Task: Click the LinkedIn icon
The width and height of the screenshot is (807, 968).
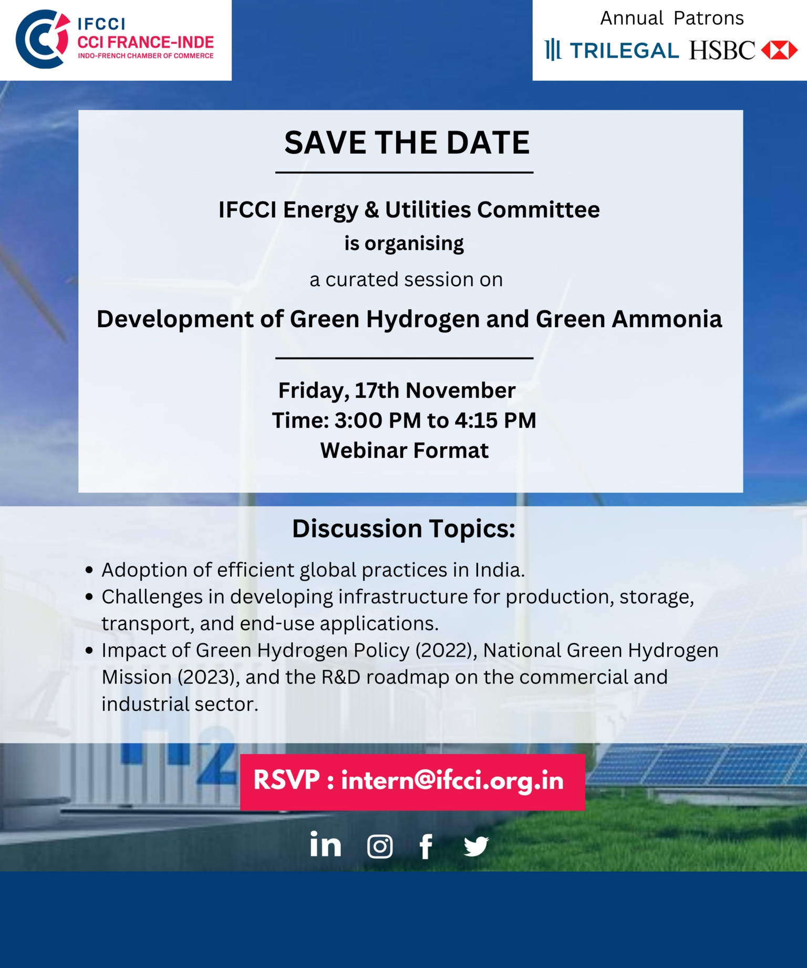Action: pos(325,844)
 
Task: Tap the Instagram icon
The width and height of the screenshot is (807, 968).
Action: pos(380,846)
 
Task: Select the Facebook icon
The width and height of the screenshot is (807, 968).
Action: pos(426,846)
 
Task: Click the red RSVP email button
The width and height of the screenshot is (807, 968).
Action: pos(412,782)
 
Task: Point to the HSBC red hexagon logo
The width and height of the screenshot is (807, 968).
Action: pos(779,50)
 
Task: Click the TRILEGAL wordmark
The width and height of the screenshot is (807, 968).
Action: pos(625,51)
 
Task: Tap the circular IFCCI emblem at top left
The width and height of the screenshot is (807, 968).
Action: pos(43,39)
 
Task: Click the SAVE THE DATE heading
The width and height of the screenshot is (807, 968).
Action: pos(407,142)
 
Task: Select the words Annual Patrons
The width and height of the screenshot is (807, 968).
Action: pos(672,18)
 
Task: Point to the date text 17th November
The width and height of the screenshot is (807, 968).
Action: pos(435,391)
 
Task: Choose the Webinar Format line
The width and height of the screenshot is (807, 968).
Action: pos(405,450)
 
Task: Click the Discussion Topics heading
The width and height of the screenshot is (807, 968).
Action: pos(403,529)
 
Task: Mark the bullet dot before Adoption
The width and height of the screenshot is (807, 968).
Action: pos(89,570)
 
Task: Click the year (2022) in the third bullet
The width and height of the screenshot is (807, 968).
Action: pos(446,650)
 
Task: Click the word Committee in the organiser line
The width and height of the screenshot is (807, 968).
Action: pos(539,209)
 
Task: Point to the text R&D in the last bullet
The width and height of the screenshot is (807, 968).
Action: pos(341,677)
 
